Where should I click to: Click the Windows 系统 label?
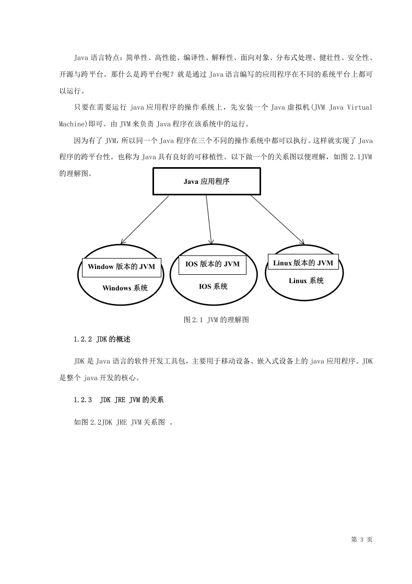coord(125,288)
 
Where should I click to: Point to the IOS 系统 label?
coord(213,286)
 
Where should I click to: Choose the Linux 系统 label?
coord(307,281)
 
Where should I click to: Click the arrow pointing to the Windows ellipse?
coord(145,220)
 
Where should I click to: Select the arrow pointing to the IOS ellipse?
coord(209,220)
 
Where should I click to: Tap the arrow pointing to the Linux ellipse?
coord(278,220)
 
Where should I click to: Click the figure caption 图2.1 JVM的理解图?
coord(216,320)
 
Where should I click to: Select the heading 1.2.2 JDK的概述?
coord(102,340)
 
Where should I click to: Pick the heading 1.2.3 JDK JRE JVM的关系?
coord(119,400)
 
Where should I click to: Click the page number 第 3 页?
coord(362,539)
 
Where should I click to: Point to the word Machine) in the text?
coord(73,124)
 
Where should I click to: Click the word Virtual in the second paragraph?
coord(360,108)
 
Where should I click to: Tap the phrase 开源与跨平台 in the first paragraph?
coord(81,75)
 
